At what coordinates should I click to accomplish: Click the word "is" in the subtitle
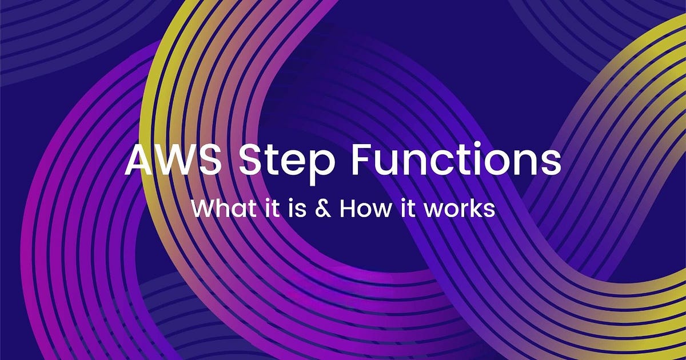[296, 209]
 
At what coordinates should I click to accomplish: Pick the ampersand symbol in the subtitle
[323, 209]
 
